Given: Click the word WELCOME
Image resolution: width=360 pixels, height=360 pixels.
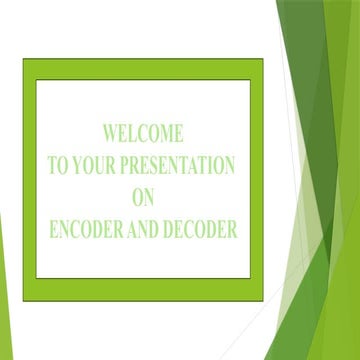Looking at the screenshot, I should (143, 133).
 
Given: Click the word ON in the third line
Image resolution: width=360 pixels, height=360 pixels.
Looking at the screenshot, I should (143, 197).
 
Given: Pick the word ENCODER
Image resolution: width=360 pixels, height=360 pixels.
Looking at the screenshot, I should (86, 229).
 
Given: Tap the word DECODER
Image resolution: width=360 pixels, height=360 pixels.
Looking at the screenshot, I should (203, 229).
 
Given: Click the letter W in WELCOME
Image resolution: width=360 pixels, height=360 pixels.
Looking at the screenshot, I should (110, 133).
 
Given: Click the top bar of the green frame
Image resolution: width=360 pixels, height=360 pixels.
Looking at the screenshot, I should (143, 68).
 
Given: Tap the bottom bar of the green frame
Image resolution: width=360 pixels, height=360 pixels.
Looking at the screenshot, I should (143, 289).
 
